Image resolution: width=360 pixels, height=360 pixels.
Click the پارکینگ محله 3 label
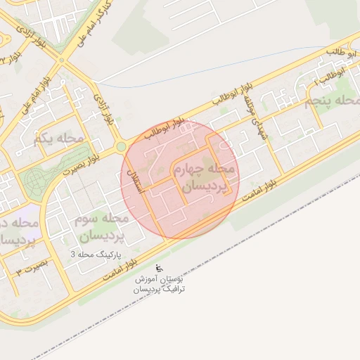(96, 252)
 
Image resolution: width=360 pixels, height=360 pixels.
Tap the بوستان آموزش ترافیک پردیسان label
(160, 284)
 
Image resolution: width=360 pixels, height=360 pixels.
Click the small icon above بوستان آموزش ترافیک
(159, 267)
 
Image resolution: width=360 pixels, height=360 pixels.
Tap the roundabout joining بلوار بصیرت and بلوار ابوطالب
(121, 146)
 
